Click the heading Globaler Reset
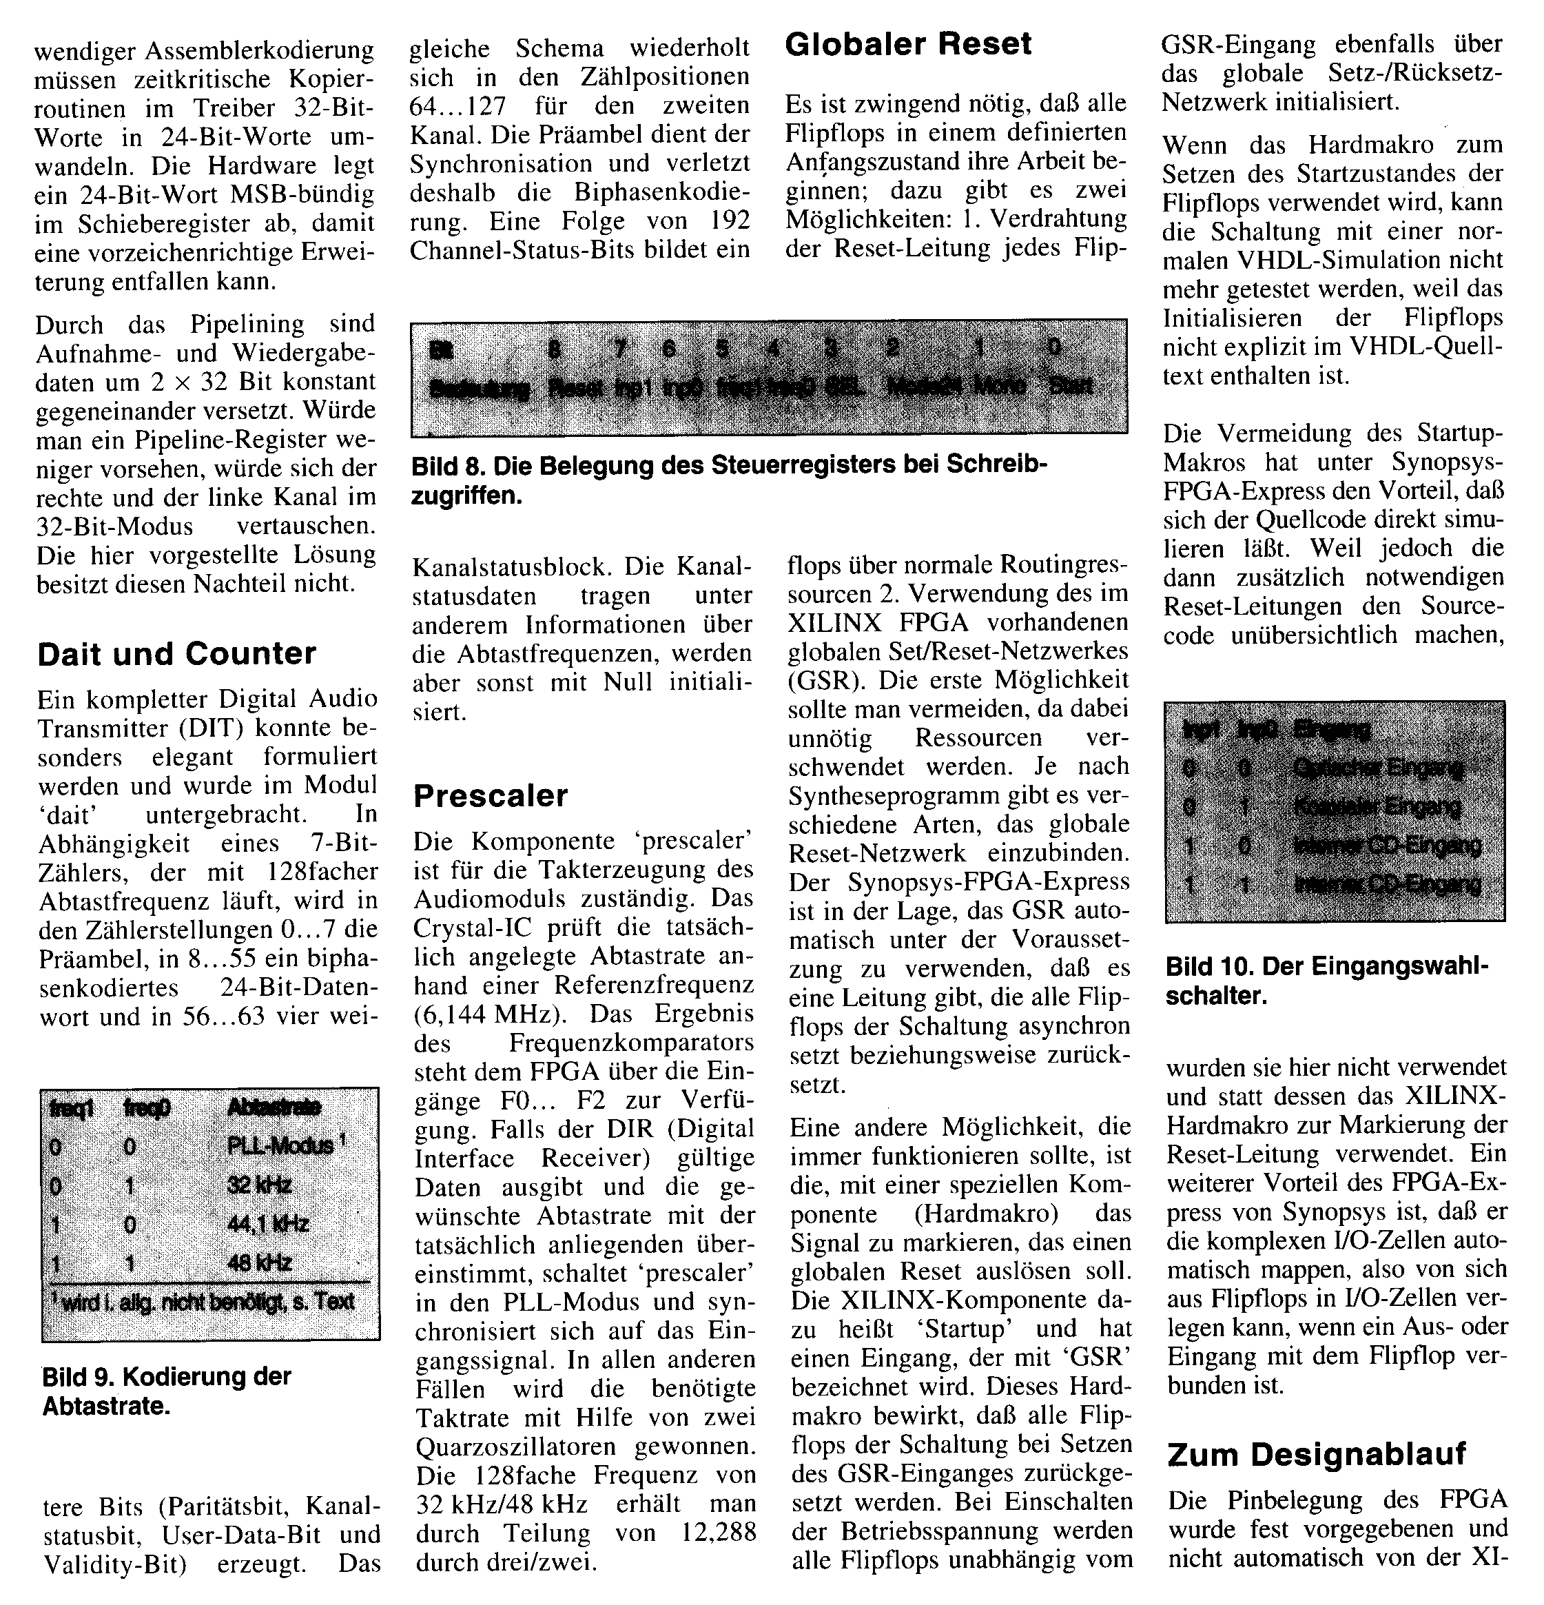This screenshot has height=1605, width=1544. tap(908, 44)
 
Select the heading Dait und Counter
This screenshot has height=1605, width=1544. tap(176, 653)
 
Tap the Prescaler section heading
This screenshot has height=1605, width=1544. tap(491, 795)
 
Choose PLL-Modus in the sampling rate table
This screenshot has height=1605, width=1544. tap(279, 1145)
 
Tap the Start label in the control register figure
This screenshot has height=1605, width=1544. tap(1070, 385)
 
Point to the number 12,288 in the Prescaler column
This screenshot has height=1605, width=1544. tap(717, 1532)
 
